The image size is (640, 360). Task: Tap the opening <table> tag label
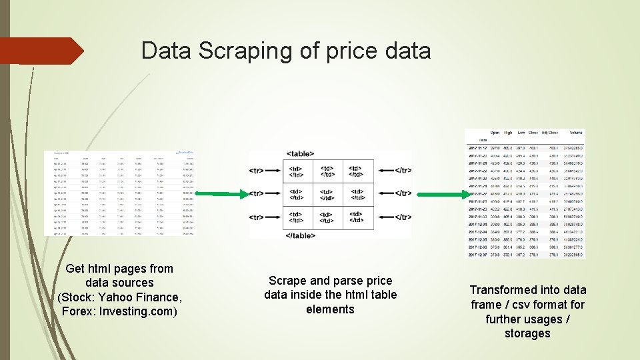click(x=301, y=154)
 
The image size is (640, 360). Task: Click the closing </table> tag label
click(x=301, y=235)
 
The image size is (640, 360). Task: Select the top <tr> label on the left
click(x=255, y=171)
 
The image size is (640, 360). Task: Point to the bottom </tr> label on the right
click(x=403, y=217)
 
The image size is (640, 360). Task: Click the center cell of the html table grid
click(x=327, y=194)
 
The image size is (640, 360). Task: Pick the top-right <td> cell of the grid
click(x=358, y=171)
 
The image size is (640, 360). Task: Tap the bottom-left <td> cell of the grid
click(x=295, y=217)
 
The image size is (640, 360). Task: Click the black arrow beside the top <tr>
click(x=274, y=171)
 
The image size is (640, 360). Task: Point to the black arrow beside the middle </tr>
click(x=383, y=194)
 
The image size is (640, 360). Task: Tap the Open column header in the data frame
click(x=495, y=132)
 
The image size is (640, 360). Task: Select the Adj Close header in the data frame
click(x=549, y=132)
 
